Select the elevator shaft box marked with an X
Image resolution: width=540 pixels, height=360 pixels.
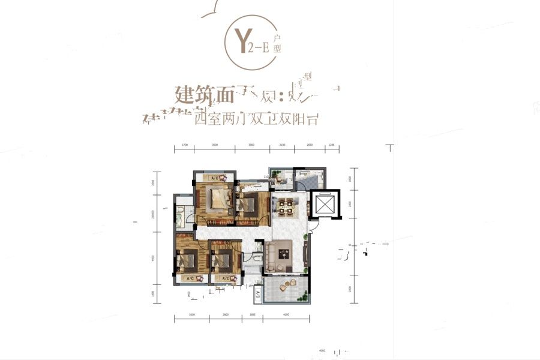[325, 206]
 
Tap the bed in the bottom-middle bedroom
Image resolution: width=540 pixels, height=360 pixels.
[224, 259]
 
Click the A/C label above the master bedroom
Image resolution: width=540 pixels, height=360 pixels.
[214, 178]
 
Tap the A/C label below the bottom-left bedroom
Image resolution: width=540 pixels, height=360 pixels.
[189, 279]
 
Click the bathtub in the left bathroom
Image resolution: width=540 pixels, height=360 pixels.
[179, 216]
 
